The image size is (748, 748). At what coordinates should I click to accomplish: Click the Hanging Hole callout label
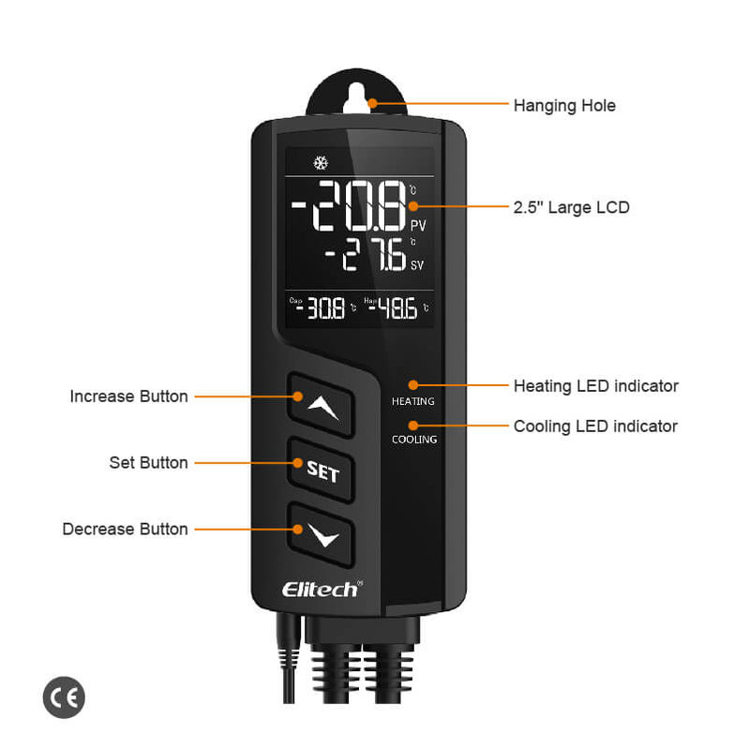click(564, 106)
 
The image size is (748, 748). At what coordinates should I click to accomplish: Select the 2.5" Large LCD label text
click(571, 207)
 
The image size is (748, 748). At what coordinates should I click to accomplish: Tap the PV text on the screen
click(418, 225)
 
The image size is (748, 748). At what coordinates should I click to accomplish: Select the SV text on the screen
click(418, 265)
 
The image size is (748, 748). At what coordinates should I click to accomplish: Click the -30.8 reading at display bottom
click(321, 307)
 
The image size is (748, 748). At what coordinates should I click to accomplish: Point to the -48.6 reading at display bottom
click(394, 307)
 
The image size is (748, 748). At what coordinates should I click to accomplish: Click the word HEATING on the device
click(413, 401)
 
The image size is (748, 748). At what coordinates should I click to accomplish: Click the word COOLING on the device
click(414, 439)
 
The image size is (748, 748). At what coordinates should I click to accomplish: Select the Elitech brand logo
click(321, 589)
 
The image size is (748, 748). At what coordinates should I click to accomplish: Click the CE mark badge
click(64, 697)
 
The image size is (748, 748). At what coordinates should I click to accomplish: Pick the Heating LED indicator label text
click(595, 386)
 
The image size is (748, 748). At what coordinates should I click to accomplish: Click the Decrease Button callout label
click(125, 530)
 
